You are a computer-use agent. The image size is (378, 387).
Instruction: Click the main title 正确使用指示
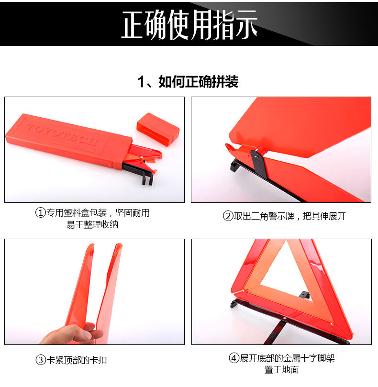[x=189, y=24]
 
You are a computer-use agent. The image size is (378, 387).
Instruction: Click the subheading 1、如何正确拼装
[x=188, y=82]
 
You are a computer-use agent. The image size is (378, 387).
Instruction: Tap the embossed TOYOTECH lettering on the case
[x=62, y=134]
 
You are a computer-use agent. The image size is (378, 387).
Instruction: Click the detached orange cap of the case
[x=158, y=129]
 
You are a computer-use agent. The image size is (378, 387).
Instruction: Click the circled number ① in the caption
[x=41, y=213]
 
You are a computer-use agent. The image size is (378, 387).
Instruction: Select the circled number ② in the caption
[x=228, y=216]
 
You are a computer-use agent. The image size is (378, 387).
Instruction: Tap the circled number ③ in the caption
[x=41, y=360]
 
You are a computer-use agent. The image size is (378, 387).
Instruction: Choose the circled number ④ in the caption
[x=234, y=358]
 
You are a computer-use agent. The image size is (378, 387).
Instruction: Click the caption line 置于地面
[x=281, y=370]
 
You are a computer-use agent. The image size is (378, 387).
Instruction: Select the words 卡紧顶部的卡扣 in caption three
[x=77, y=360]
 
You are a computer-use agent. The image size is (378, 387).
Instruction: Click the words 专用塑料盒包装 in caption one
[x=77, y=213]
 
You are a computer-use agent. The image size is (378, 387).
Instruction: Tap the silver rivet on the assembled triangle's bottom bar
[x=285, y=319]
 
